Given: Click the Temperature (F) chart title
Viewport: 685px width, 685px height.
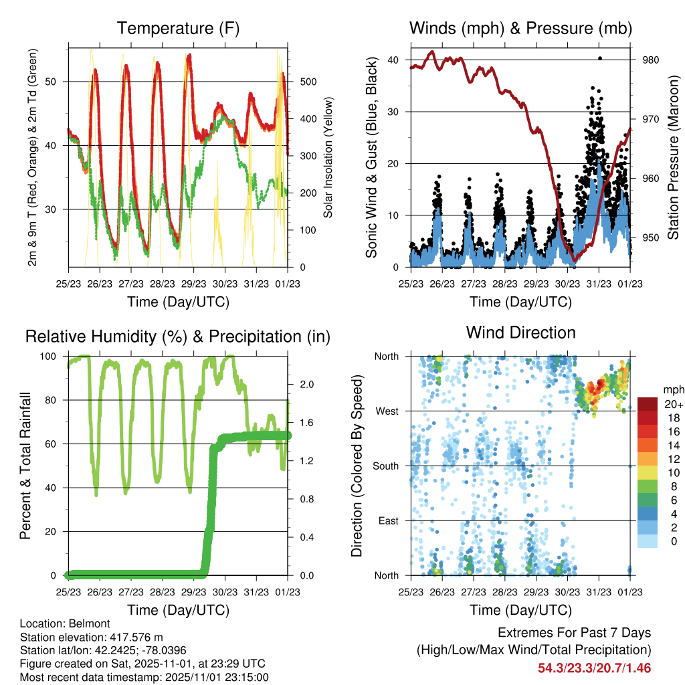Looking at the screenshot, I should [x=178, y=28].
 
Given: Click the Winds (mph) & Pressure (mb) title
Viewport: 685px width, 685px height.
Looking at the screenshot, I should [x=520, y=28].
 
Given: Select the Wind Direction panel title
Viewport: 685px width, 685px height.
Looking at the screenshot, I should [x=520, y=332].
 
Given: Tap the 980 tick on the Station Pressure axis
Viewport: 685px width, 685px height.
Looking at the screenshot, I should [x=651, y=60].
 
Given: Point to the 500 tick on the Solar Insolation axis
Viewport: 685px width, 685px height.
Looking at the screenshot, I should [x=307, y=82].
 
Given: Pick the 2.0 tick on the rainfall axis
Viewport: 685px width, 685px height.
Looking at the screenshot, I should [x=307, y=385].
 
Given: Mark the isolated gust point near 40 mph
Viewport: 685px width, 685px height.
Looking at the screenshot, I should [x=600, y=58].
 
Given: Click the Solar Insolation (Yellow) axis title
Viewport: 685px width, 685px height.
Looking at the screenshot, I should [x=328, y=158].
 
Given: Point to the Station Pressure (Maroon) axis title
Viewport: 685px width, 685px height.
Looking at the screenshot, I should [x=672, y=158].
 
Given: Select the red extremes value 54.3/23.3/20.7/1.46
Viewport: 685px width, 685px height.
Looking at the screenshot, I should [x=594, y=668].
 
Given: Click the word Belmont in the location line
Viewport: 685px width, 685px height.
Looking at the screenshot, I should [x=82, y=623].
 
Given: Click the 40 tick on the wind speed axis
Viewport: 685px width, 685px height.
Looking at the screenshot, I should [x=393, y=60].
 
